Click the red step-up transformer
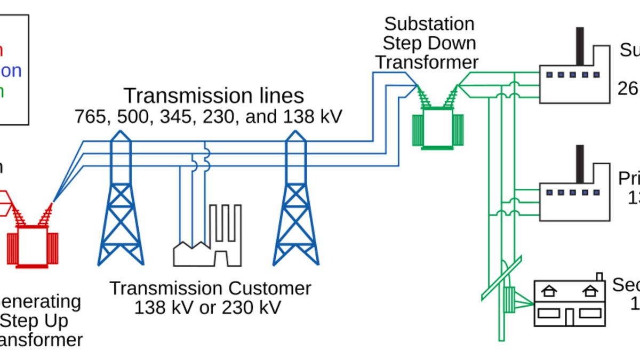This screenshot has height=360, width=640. (x=32, y=245)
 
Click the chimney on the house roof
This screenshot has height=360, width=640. (x=599, y=277)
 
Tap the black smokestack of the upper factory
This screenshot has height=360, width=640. (x=580, y=45)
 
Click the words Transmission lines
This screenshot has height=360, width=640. (x=213, y=96)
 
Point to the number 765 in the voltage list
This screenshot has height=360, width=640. (x=90, y=116)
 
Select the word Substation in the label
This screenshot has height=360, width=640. (x=429, y=24)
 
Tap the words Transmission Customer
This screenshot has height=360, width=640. (x=210, y=289)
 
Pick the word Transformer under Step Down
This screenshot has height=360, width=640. (x=427, y=62)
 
